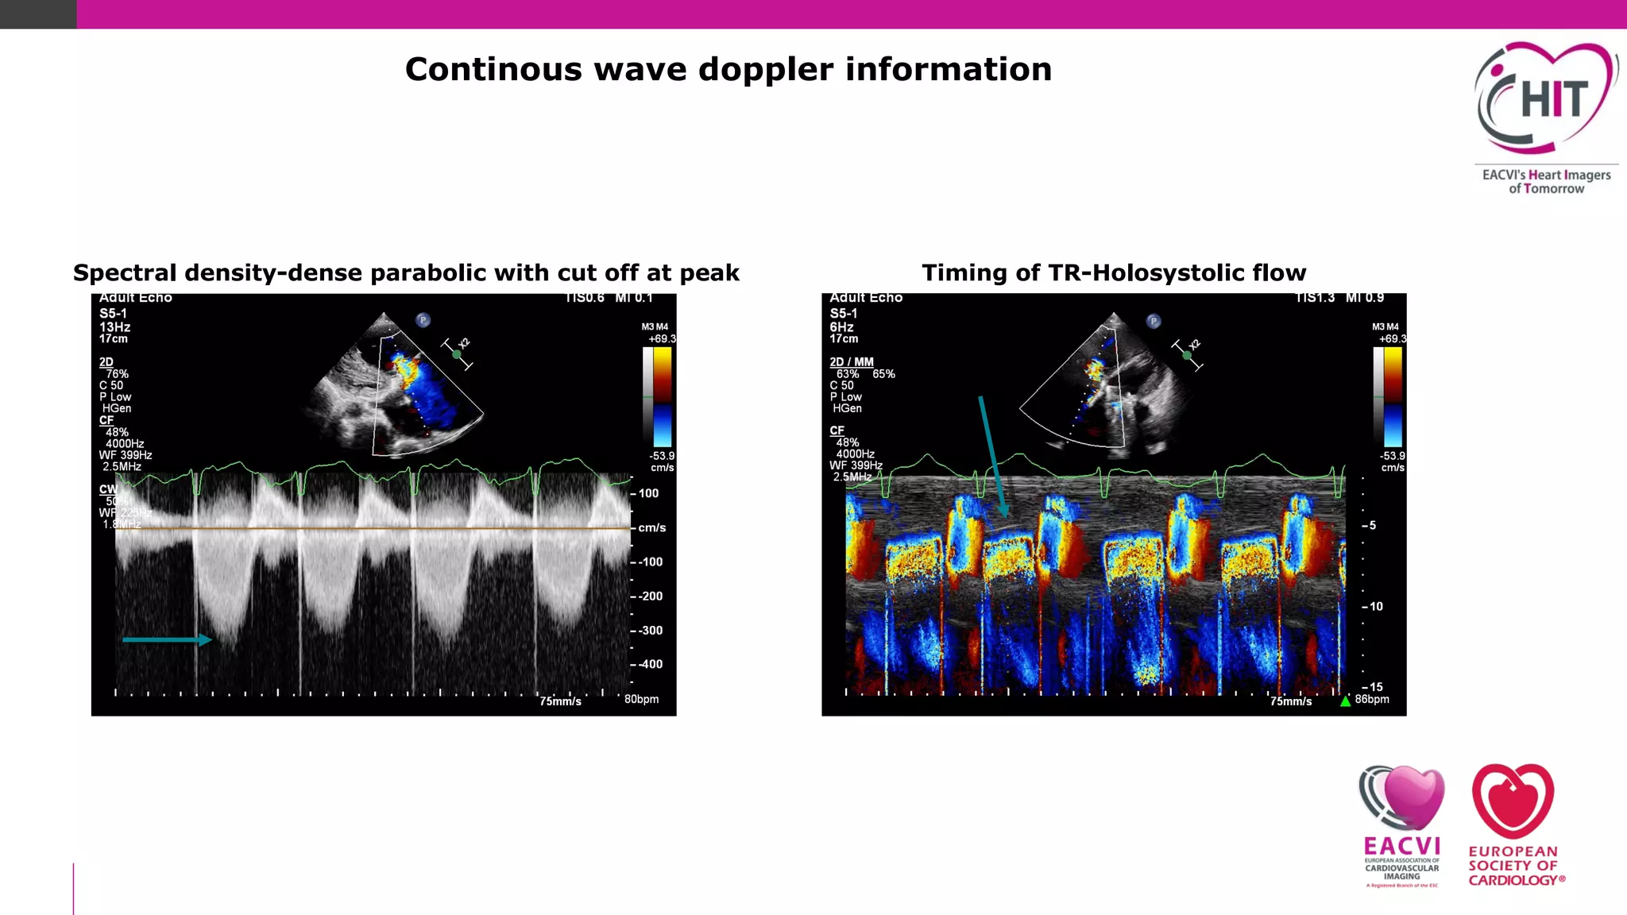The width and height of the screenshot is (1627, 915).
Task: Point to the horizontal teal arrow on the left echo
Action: pyautogui.click(x=167, y=639)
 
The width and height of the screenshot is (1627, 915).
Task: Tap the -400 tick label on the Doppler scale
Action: pyautogui.click(x=650, y=664)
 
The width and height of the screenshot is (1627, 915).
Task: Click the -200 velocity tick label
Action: pyautogui.click(x=650, y=596)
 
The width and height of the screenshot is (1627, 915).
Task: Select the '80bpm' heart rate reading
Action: pyautogui.click(x=641, y=700)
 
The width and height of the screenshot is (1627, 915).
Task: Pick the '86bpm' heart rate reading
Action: pyautogui.click(x=1372, y=700)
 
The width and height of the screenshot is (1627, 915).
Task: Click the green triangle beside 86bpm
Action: pyautogui.click(x=1345, y=701)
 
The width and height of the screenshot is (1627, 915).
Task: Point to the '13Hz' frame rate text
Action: pyautogui.click(x=115, y=327)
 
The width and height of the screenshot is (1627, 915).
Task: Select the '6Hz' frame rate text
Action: pyautogui.click(x=842, y=327)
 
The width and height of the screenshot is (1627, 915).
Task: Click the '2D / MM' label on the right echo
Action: pyautogui.click(x=852, y=362)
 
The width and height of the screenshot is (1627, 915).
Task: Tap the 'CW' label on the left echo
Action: pyautogui.click(x=108, y=489)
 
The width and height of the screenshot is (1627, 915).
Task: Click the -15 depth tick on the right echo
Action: pyautogui.click(x=1374, y=687)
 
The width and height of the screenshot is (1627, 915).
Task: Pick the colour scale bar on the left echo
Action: pyautogui.click(x=661, y=397)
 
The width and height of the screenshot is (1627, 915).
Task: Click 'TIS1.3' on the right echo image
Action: pyautogui.click(x=1316, y=298)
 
